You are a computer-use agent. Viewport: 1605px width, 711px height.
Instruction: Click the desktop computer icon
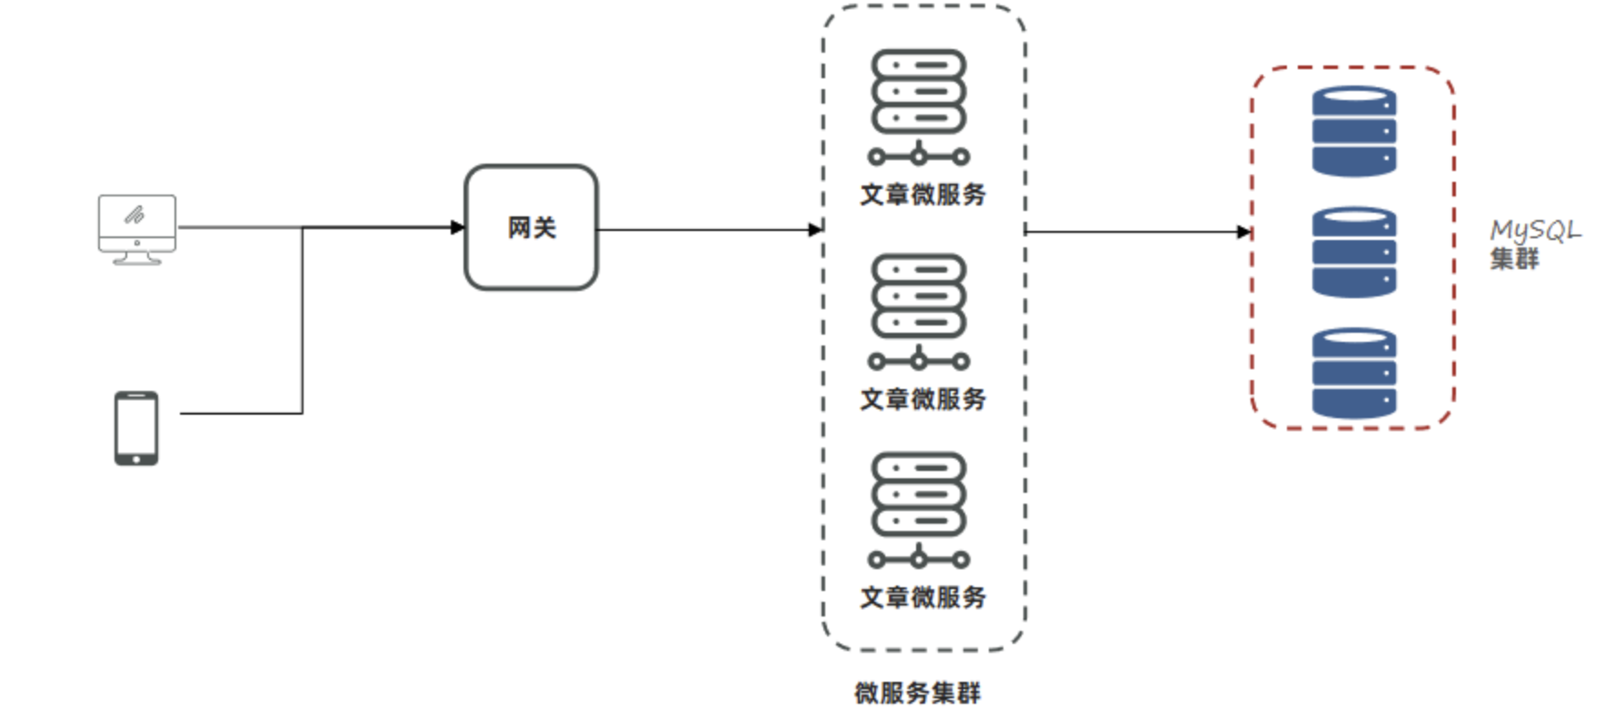tap(137, 230)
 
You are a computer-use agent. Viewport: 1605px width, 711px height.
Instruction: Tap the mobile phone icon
tap(136, 428)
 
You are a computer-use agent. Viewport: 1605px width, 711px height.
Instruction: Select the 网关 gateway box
tap(532, 227)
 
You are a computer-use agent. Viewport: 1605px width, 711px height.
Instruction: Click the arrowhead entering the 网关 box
tap(458, 227)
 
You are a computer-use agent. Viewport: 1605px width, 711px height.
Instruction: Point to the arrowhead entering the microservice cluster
tap(815, 230)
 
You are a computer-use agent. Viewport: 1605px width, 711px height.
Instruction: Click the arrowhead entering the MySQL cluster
tap(1244, 232)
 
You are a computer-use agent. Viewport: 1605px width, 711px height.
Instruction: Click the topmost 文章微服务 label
tap(923, 195)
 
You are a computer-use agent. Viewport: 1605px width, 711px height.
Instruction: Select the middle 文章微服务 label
tap(923, 399)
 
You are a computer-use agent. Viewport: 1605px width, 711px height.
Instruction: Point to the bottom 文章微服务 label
tap(923, 597)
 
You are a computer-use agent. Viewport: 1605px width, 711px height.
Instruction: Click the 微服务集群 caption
tap(918, 694)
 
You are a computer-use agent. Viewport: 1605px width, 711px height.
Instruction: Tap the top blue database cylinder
tap(1354, 131)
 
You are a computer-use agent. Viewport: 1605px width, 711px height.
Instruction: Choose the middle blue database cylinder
tap(1354, 252)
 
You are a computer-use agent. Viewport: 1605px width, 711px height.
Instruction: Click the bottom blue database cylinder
tap(1354, 373)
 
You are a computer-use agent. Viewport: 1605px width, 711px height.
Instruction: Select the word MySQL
tap(1536, 232)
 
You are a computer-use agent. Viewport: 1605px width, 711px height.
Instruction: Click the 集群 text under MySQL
tap(1514, 259)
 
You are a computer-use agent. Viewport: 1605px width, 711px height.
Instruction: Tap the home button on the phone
tap(136, 459)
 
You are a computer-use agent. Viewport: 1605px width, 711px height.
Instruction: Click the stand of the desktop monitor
tap(137, 258)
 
